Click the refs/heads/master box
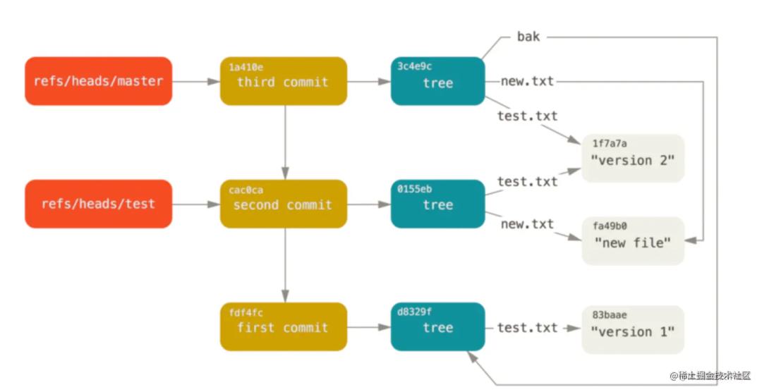(99, 81)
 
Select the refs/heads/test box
(99, 204)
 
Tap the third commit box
(284, 81)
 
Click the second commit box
(284, 204)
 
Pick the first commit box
(284, 327)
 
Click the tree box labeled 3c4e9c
(438, 81)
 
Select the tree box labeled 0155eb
(438, 204)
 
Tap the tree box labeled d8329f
(438, 327)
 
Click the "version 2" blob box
(633, 159)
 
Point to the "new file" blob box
(633, 241)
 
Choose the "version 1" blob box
(633, 329)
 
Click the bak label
(528, 37)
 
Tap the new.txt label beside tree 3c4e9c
(527, 81)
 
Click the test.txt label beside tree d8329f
(527, 328)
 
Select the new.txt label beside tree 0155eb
(527, 224)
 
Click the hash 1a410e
(246, 68)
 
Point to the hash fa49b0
(610, 226)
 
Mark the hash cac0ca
(246, 190)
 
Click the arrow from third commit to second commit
(285, 142)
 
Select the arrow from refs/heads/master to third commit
(196, 82)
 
